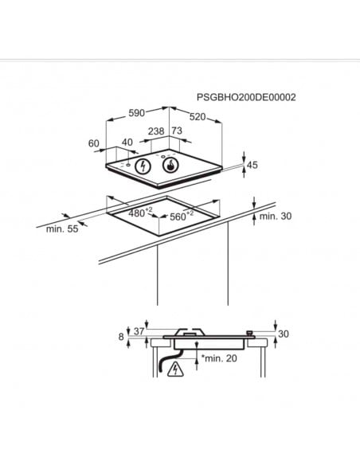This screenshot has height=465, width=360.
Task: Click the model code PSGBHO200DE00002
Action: pos(246,97)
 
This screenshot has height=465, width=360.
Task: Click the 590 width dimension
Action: pos(138,113)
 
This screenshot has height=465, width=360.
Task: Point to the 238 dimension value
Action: pos(156,131)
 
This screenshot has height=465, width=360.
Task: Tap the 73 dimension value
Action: pos(177,131)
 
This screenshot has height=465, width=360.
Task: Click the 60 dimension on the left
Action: pos(94,143)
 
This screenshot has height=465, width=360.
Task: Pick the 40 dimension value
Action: pos(127,143)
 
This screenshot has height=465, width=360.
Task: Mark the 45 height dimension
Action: pos(252,166)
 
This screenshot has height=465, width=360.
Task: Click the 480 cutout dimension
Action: pos(141,213)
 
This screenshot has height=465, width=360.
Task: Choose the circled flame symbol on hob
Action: pos(170,166)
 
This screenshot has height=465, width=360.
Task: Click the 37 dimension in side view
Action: pos(139,331)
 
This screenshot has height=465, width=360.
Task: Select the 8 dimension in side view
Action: pos(121,337)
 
